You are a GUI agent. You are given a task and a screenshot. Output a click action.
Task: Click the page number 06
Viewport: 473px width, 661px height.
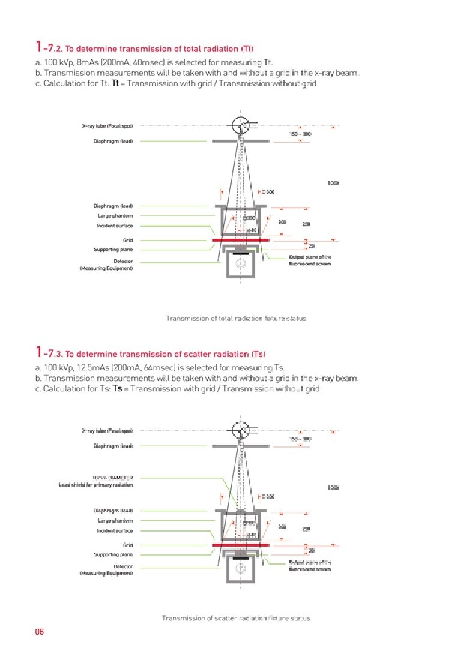click(x=40, y=631)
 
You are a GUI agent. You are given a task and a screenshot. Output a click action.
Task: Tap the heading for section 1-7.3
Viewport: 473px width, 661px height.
click(x=149, y=352)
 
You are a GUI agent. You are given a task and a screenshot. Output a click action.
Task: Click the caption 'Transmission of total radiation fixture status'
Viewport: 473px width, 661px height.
click(x=236, y=318)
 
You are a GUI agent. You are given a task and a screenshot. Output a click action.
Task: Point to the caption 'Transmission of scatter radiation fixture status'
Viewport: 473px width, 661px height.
click(x=236, y=618)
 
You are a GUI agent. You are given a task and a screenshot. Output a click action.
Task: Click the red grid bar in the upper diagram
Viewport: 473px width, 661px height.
click(x=240, y=240)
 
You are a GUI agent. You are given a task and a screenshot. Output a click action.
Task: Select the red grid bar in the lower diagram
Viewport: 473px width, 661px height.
click(x=240, y=545)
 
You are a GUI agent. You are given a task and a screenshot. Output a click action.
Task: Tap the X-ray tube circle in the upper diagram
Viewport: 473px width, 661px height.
click(x=241, y=125)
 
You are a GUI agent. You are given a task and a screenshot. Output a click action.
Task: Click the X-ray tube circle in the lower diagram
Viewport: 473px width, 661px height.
click(x=241, y=430)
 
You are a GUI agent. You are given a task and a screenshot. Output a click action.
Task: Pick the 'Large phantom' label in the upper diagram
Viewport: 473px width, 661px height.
click(x=115, y=215)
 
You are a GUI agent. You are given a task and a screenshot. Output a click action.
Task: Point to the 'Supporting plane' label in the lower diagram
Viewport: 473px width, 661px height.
click(x=113, y=554)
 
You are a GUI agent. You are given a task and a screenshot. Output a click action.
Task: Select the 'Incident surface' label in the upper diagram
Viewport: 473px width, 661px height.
click(x=114, y=225)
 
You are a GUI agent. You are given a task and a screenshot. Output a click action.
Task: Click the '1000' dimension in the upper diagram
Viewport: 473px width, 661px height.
click(x=333, y=182)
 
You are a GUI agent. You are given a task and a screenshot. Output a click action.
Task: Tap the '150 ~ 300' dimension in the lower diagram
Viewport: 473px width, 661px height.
click(x=300, y=439)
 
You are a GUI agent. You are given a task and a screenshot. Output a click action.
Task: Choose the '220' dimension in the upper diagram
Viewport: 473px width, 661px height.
click(x=306, y=224)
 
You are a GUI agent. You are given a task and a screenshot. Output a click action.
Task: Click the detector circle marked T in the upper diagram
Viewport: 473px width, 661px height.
click(x=241, y=263)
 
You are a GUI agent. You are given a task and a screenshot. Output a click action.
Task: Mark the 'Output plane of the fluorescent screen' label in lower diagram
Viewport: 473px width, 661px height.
click(x=310, y=565)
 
